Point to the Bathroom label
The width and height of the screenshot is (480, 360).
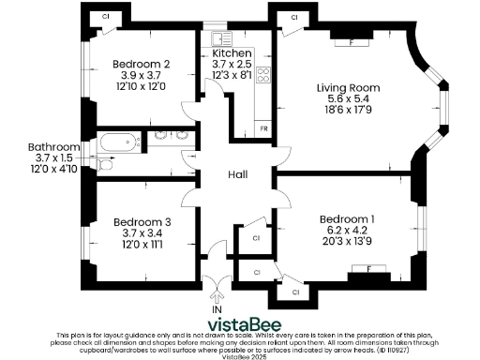click(x=53, y=147)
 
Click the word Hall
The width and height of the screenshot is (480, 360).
click(x=238, y=174)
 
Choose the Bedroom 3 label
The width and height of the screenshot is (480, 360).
click(x=139, y=222)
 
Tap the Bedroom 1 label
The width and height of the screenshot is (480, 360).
click(x=347, y=219)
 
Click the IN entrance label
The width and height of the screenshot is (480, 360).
click(x=217, y=308)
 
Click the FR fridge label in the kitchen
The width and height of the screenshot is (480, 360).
click(x=264, y=127)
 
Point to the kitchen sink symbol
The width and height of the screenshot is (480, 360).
click(x=222, y=38)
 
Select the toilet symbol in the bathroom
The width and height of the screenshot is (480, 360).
click(x=106, y=165)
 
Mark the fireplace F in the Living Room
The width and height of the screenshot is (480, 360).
click(x=351, y=41)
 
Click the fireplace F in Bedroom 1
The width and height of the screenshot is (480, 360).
click(x=368, y=270)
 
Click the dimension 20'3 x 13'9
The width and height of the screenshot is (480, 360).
click(x=347, y=243)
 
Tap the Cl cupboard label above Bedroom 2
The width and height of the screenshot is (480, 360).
click(x=105, y=17)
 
